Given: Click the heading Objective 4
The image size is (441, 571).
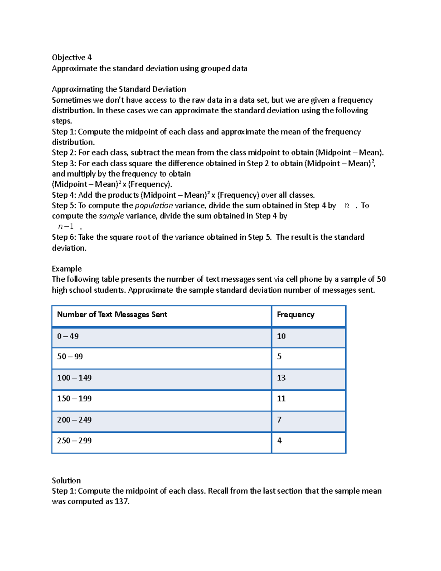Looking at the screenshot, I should pos(72,57).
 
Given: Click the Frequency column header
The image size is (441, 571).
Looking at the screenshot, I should pos(295,315).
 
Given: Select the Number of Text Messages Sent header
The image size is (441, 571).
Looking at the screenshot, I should pos(112,315).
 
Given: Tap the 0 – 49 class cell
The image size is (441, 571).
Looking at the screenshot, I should pos(68,336).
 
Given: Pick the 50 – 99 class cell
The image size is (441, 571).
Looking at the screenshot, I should pos(70,357).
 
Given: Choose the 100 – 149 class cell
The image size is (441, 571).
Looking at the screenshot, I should pos(74,378).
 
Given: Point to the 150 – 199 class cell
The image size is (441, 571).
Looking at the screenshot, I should pos(74,399).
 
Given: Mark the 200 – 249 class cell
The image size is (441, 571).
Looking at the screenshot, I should pos(74,420).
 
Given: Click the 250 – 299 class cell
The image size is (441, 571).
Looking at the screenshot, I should pos(74,440).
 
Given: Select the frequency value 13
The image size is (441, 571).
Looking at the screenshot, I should pos(281,378).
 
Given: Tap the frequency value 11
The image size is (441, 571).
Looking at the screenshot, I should pos(281,399).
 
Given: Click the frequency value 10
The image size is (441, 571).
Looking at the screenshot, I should pos(281,336).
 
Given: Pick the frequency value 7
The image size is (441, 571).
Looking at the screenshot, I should pos(279,420).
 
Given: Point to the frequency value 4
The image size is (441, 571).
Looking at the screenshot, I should pos(279,440).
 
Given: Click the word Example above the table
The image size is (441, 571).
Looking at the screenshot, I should pos(67,269).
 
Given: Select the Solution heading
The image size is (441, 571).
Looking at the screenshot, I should pos(66,481).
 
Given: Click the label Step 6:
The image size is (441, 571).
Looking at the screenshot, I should pos(64,237).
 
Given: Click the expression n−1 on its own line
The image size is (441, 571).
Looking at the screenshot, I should pos(66,226).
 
